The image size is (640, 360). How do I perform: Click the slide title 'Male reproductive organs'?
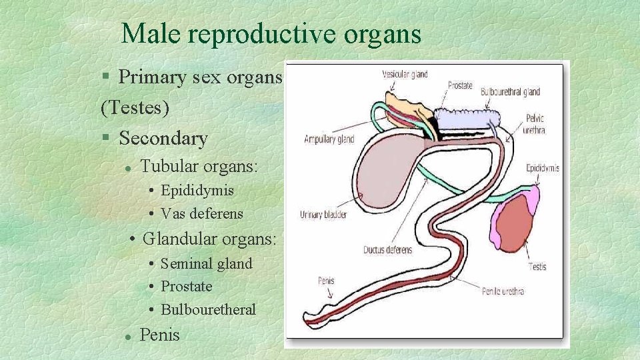[x=271, y=33]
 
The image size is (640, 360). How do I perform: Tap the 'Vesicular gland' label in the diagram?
[x=405, y=74]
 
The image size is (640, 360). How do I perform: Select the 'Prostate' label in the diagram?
[x=460, y=85]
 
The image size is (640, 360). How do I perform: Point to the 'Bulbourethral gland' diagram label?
[x=510, y=92]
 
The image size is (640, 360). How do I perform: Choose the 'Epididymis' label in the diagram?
[x=542, y=168]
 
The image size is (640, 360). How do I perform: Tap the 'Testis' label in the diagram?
[x=537, y=267]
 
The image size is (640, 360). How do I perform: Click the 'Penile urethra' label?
[x=503, y=291]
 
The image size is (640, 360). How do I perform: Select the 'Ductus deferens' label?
[x=387, y=250]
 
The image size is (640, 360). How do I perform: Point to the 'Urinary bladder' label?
[x=323, y=215]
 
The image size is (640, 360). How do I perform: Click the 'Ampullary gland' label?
[x=329, y=139]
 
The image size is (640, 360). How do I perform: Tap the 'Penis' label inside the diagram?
[x=325, y=281]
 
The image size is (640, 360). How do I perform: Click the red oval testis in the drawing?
[x=515, y=223]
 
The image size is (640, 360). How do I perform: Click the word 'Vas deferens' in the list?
[x=202, y=214]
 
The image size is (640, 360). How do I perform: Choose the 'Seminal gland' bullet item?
[x=207, y=263]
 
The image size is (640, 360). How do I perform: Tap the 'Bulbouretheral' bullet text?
[x=208, y=309]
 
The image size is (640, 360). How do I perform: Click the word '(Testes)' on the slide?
[x=135, y=107]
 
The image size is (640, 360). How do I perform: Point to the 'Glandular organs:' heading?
[x=209, y=238]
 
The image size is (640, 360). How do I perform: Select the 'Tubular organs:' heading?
[x=199, y=166]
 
